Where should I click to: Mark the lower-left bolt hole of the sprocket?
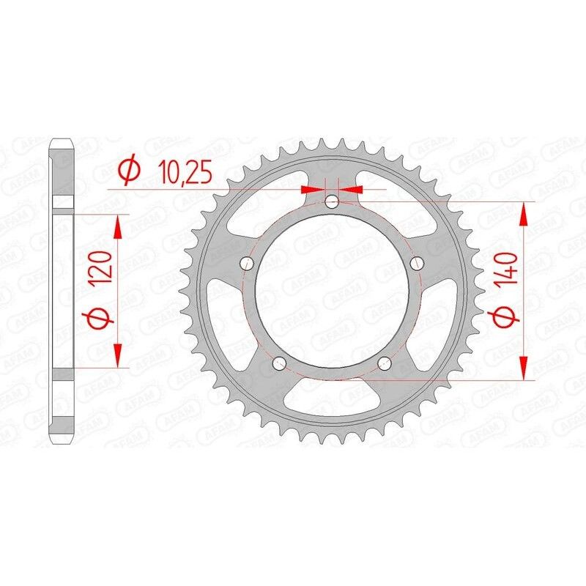(x=279, y=364)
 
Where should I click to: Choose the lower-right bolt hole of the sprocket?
(x=386, y=364)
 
